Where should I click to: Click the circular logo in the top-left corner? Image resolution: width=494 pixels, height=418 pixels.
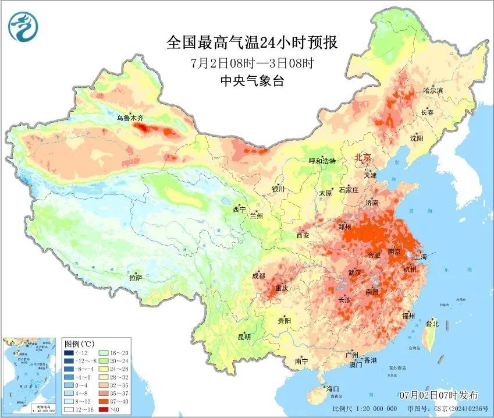22,27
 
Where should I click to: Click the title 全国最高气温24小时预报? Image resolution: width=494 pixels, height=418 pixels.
252,43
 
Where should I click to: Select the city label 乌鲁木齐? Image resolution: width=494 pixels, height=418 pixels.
129,118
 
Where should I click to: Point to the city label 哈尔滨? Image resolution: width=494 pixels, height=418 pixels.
433,91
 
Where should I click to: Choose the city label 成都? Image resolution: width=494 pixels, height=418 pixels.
258,276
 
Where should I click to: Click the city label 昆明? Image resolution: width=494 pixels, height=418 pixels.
243,337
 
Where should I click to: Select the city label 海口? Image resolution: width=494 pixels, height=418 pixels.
332,389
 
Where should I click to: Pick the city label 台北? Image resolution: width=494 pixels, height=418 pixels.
432,324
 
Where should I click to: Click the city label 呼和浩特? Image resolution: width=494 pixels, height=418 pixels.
322,161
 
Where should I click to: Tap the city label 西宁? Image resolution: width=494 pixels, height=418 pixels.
239,209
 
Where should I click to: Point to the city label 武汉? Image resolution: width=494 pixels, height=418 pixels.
355,272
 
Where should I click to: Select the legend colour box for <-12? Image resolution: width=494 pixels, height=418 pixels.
69,353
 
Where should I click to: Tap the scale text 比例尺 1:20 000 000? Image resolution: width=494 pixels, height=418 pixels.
369,409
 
